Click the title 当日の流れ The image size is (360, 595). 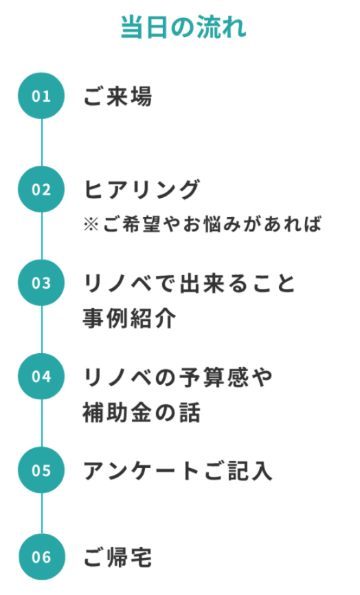[183, 27]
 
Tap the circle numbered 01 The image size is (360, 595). [41, 96]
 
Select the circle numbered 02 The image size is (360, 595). [41, 189]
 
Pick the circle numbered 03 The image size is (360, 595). [41, 282]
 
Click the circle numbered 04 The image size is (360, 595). [41, 376]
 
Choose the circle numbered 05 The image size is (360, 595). [41, 470]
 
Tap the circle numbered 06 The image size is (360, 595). [42, 557]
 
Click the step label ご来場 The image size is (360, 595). [117, 96]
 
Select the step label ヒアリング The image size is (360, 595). [142, 190]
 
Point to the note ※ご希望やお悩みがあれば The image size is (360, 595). [202, 224]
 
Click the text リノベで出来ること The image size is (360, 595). [188, 283]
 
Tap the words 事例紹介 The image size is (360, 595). [129, 318]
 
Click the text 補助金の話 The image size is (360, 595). [141, 412]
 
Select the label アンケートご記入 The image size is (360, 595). [177, 471]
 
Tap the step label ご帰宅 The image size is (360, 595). [117, 557]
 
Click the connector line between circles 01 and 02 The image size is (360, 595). [41, 142]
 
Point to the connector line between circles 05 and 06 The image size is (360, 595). [42, 513]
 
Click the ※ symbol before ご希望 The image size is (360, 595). [91, 224]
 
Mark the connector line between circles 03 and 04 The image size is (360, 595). [41, 329]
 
